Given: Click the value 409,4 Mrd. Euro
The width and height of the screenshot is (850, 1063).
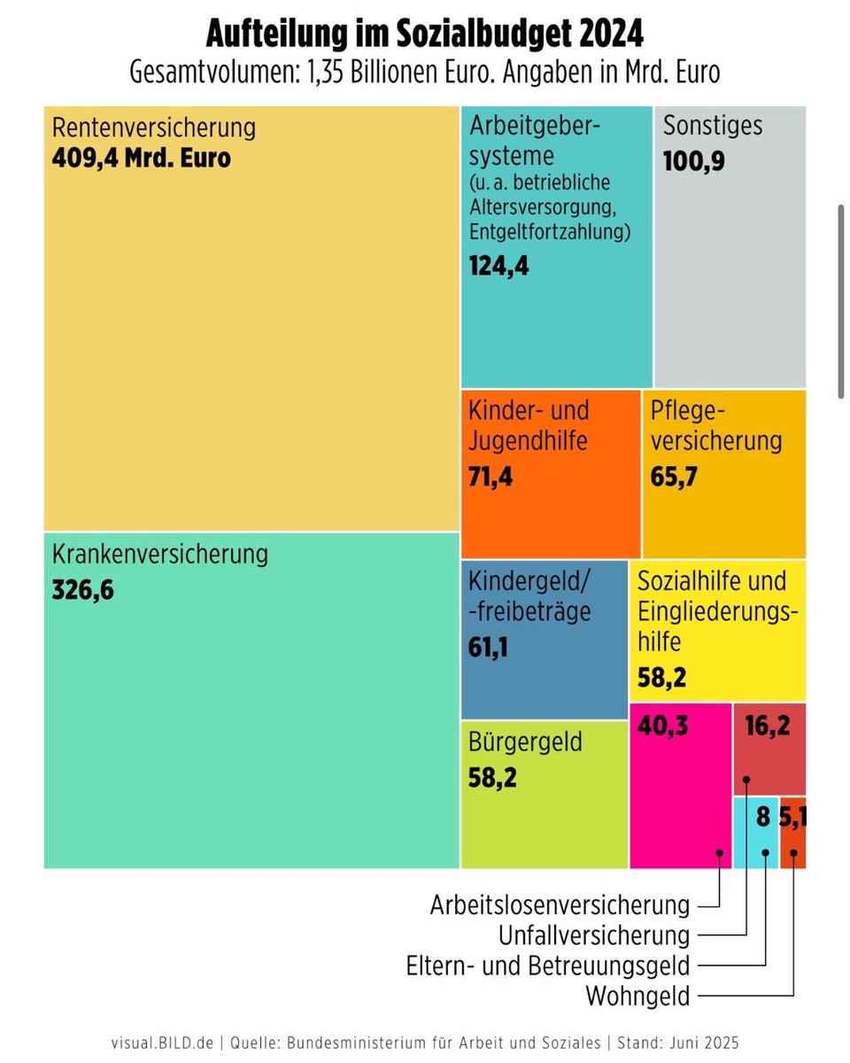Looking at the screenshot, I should (x=142, y=159).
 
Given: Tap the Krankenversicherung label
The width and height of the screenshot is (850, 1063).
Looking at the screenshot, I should (x=159, y=555).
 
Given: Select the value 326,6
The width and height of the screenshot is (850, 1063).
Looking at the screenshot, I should (x=83, y=591).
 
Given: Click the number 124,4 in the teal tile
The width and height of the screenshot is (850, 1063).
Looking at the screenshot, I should (x=498, y=265).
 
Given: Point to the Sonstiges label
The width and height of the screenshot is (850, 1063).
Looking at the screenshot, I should (x=712, y=125).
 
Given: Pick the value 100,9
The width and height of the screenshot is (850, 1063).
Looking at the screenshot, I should (x=693, y=162).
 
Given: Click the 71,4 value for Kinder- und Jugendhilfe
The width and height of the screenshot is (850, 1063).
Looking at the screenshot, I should (x=490, y=477).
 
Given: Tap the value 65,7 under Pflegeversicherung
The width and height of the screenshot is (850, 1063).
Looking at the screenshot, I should (x=674, y=477).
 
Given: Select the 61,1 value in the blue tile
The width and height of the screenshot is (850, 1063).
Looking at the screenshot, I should (x=488, y=648).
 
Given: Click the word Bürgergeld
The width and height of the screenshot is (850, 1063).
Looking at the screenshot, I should (x=525, y=741).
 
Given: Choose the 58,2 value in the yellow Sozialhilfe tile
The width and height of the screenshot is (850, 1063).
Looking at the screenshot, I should (x=661, y=679).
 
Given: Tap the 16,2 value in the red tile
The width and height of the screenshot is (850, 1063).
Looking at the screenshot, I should (x=767, y=726).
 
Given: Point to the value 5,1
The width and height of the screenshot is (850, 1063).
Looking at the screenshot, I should (x=792, y=816).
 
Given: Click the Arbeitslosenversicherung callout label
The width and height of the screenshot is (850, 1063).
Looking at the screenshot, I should (x=560, y=905).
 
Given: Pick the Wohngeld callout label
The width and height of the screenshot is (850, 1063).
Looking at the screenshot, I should (x=637, y=996).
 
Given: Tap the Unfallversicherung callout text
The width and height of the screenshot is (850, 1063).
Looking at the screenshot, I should (x=593, y=935).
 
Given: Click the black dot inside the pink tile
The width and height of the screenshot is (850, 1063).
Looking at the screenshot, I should (x=720, y=853).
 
